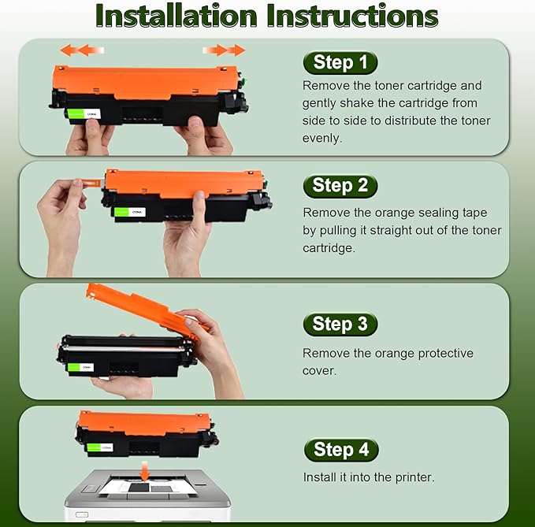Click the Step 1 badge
340,63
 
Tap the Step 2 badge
340,186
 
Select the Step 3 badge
340,324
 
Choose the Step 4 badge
340,450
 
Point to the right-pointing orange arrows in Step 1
225,50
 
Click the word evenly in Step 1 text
321,138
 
